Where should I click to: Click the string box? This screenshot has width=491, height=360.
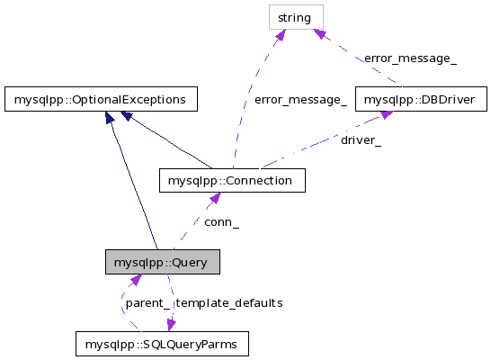pos(296,17)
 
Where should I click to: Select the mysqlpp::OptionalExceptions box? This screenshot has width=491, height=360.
pos(101,99)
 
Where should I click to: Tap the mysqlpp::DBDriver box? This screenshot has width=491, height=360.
pos(421,99)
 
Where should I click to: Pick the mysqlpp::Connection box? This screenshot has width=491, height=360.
pos(232,181)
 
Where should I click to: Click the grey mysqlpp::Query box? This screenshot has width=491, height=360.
pos(163,262)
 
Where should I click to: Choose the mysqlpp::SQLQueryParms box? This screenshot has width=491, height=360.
pos(162,344)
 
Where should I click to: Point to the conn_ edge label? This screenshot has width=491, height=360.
pos(222,222)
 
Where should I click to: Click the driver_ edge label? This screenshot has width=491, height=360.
pos(361,140)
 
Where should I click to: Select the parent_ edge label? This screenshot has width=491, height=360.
pos(147,303)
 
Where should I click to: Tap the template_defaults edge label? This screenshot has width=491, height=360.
pos(229,303)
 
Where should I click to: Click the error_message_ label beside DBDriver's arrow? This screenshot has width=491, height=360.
pos(411,58)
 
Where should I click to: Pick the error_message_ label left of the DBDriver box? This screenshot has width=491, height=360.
pos(300,100)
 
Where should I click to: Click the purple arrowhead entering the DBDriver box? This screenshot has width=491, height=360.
pos(387,114)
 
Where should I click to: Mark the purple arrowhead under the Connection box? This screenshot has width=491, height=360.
pos(215,198)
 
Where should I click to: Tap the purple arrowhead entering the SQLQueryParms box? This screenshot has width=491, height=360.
pos(171,326)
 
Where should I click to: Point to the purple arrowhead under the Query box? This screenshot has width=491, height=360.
pos(136,279)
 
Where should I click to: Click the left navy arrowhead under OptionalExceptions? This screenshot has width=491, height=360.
pos(109,117)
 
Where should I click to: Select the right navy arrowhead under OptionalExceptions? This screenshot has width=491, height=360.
pos(126,115)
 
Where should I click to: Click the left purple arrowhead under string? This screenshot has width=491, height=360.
pos(281,35)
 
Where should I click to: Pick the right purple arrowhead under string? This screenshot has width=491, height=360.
pos(320,34)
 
